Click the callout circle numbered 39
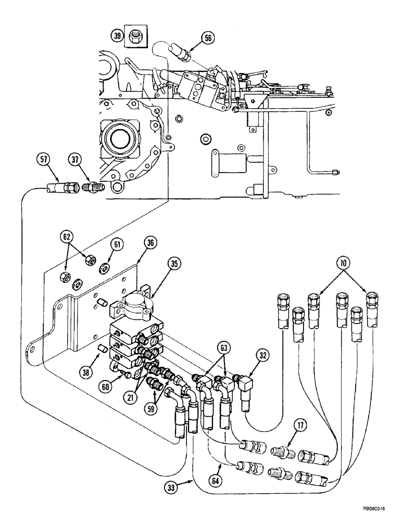(117, 36)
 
